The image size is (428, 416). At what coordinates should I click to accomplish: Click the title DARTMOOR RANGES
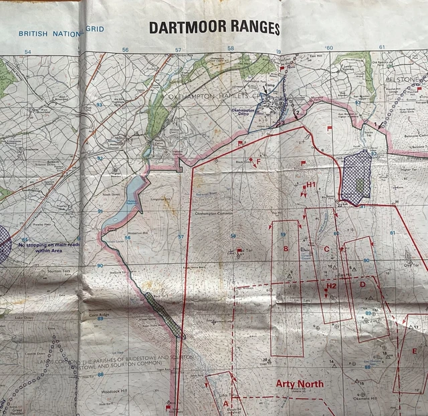tap(214, 29)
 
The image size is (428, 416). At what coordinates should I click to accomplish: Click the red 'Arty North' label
tap(300, 384)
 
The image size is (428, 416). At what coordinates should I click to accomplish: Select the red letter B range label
tap(286, 250)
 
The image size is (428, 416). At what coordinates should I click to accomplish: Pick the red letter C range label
tap(326, 249)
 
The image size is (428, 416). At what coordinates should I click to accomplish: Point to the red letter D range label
tap(362, 284)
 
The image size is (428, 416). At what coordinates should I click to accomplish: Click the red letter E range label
tap(415, 351)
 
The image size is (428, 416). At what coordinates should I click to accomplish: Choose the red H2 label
tap(331, 286)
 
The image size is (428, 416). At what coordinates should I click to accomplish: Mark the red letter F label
tap(258, 161)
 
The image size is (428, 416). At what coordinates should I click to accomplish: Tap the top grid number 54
tap(27, 51)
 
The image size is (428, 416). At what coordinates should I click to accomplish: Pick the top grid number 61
tap(382, 47)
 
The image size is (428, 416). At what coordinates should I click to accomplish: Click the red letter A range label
tap(225, 404)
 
